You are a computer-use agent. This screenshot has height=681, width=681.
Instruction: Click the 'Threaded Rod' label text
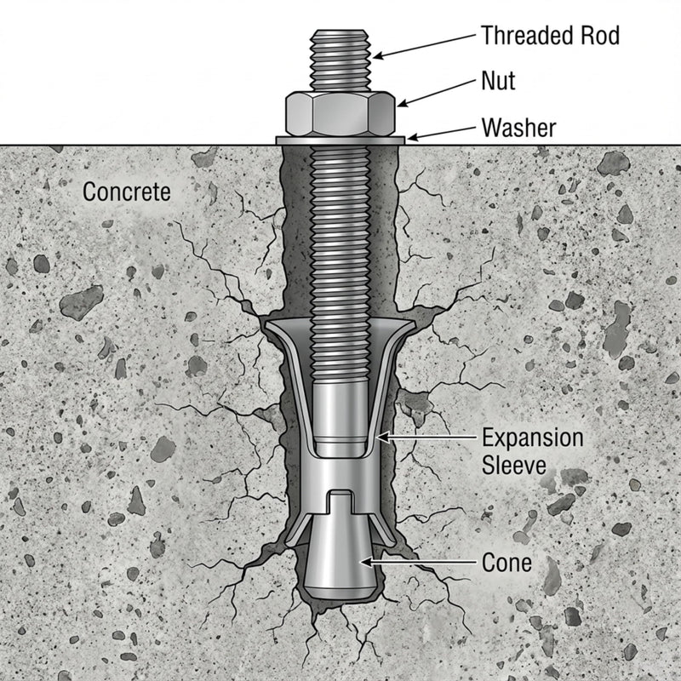point(550,36)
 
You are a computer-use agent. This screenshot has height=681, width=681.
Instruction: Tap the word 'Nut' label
point(498,81)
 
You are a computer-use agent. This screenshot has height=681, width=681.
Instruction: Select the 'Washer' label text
point(518,128)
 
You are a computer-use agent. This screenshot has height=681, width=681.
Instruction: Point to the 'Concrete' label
point(126,192)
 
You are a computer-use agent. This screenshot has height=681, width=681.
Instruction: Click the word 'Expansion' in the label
point(533,438)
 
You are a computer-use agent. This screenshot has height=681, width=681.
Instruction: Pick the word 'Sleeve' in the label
point(514,465)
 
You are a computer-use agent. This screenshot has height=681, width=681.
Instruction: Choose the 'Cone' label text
point(506,563)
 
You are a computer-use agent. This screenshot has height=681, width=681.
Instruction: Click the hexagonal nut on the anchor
point(340,114)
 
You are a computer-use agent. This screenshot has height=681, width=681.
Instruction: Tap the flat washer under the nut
point(340,140)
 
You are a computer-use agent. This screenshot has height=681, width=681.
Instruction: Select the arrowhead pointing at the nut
point(402,103)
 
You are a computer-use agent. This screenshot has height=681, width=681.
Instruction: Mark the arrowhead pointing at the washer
point(412,138)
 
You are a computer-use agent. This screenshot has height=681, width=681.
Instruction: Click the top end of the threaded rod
point(340,31)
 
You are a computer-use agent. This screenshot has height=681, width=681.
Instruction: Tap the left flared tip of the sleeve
point(268,324)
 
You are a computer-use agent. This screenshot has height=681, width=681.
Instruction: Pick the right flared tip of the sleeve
point(410,324)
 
